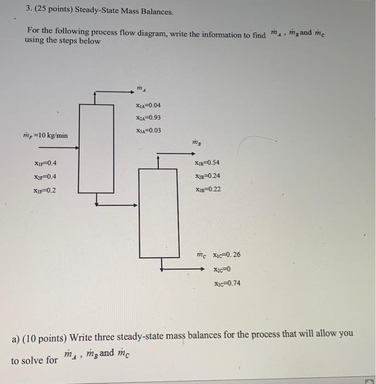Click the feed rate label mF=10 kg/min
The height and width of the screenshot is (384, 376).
point(45,135)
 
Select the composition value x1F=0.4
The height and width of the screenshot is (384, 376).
point(45,163)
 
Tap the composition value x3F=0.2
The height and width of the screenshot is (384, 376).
point(44,190)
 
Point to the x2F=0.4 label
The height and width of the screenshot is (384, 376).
point(45,177)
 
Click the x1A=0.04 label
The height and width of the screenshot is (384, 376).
point(148,105)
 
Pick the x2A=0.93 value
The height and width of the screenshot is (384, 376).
point(148,117)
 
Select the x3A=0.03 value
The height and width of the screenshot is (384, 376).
point(148,131)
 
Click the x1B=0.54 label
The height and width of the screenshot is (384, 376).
point(207,163)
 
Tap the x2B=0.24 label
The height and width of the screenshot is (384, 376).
point(207,176)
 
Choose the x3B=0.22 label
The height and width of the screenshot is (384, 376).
point(207,189)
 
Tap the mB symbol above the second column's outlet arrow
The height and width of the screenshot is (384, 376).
point(196,142)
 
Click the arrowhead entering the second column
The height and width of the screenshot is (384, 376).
point(135,206)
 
